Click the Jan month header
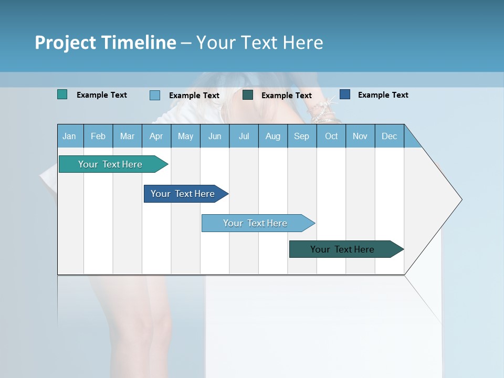pyautogui.click(x=69, y=136)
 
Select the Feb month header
pyautogui.click(x=98, y=136)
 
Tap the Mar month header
pyautogui.click(x=127, y=136)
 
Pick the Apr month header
pyautogui.click(x=156, y=136)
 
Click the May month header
pyautogui.click(x=185, y=136)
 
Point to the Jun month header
pyautogui.click(x=215, y=136)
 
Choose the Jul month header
pyautogui.click(x=244, y=136)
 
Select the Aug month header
pyautogui.click(x=272, y=136)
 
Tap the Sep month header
pyautogui.click(x=301, y=136)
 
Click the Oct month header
pyautogui.click(x=331, y=136)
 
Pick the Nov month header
pyautogui.click(x=360, y=136)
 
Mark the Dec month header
pyautogui.click(x=389, y=136)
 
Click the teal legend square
pyautogui.click(x=62, y=94)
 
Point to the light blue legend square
pyautogui.click(x=155, y=95)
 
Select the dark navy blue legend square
pyautogui.click(x=345, y=94)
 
